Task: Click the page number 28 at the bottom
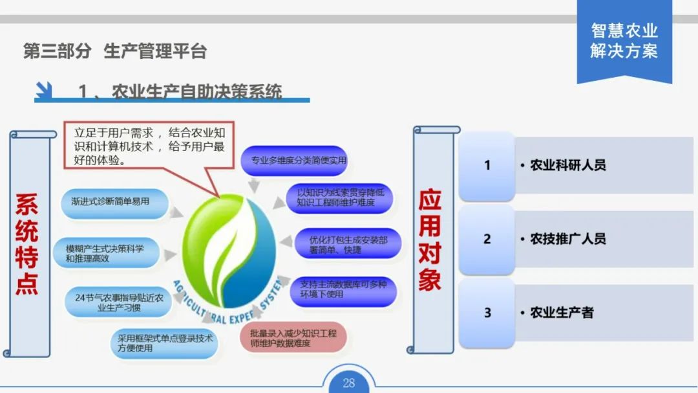point(349,383)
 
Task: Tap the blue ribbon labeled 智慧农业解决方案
point(624,40)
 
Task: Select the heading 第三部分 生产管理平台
point(115,52)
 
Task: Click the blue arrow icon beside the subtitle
point(44,91)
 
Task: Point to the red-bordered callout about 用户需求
point(149,146)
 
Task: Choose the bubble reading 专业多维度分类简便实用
point(295,160)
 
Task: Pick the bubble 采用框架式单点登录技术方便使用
point(165,342)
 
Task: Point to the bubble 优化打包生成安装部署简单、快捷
point(348,244)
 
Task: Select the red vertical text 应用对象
point(430,240)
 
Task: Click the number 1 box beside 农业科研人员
point(487,166)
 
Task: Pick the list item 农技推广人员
point(568,240)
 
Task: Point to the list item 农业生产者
point(562,313)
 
